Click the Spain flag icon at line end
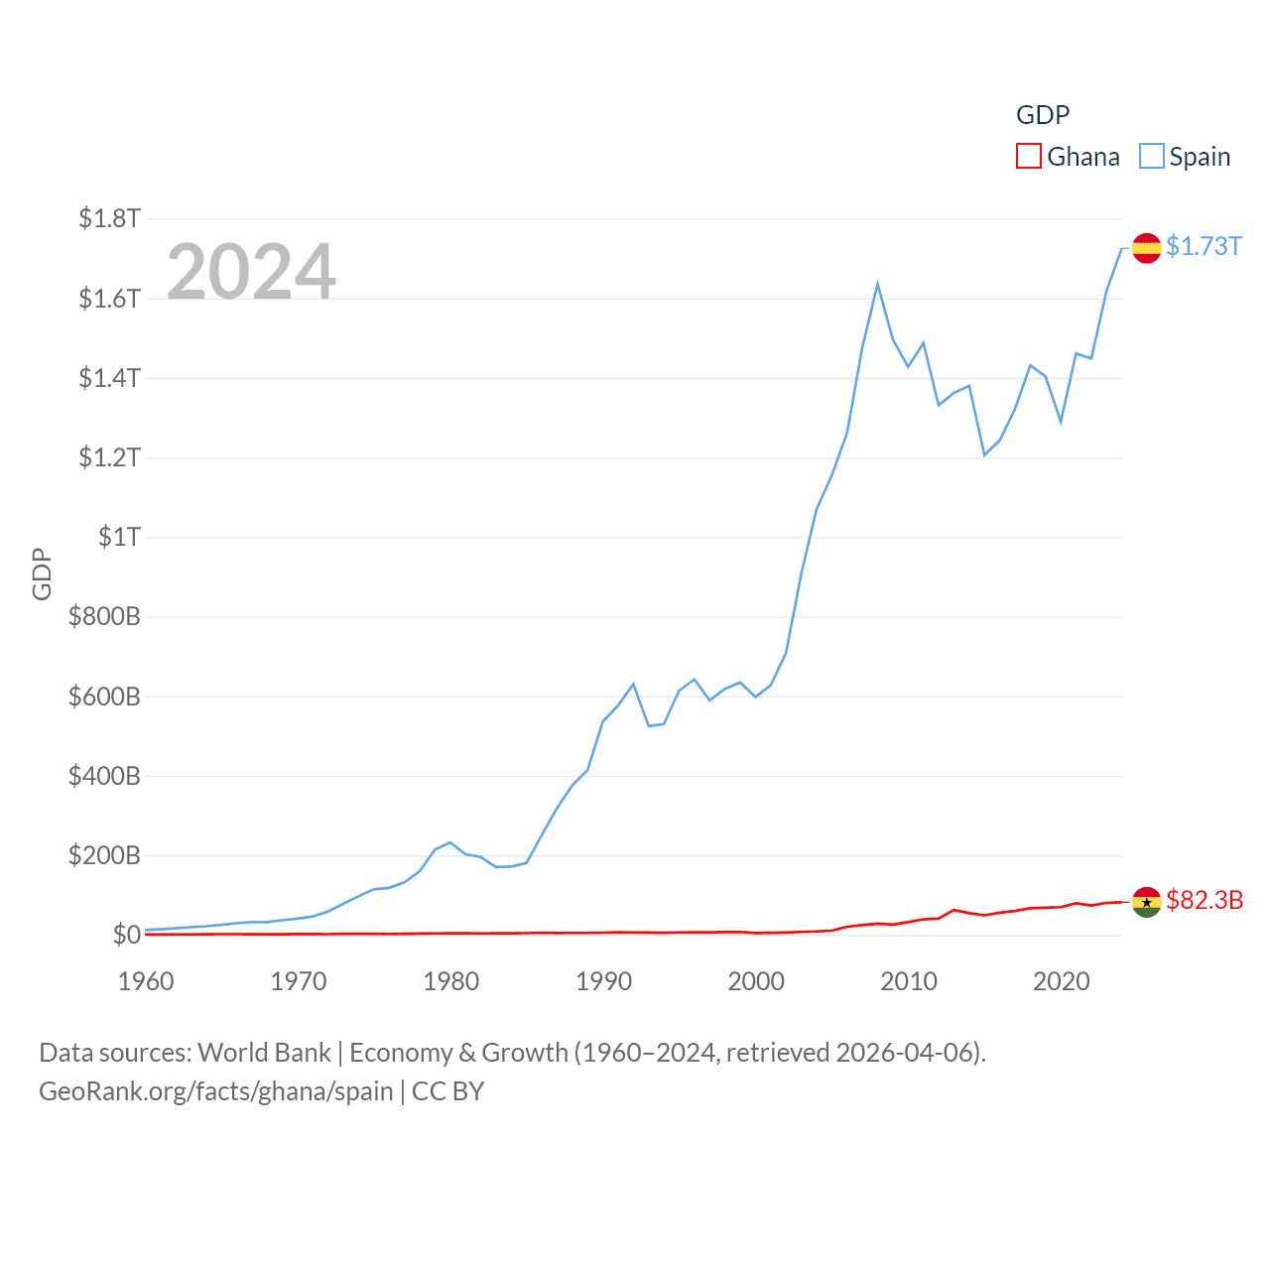[x=1146, y=248]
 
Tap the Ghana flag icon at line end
[x=1146, y=902]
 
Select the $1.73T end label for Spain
[x=1204, y=246]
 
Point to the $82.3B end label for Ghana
[x=1205, y=900]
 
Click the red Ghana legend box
[x=1029, y=157]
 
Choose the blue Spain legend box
[x=1151, y=157]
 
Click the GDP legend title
[x=1043, y=115]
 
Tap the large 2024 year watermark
[x=251, y=272]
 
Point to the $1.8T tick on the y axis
[x=109, y=218]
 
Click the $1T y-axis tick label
[x=119, y=537]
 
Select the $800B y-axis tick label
[x=104, y=616]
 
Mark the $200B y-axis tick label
[x=104, y=855]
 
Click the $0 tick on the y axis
[x=126, y=935]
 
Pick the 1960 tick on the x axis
[x=146, y=981]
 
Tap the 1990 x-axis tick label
[x=603, y=981]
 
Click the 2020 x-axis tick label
[x=1061, y=981]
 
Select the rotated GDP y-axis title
[x=42, y=573]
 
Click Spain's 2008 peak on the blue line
[x=877, y=285]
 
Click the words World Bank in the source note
[x=264, y=1053]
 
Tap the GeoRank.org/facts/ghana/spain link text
[x=216, y=1091]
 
